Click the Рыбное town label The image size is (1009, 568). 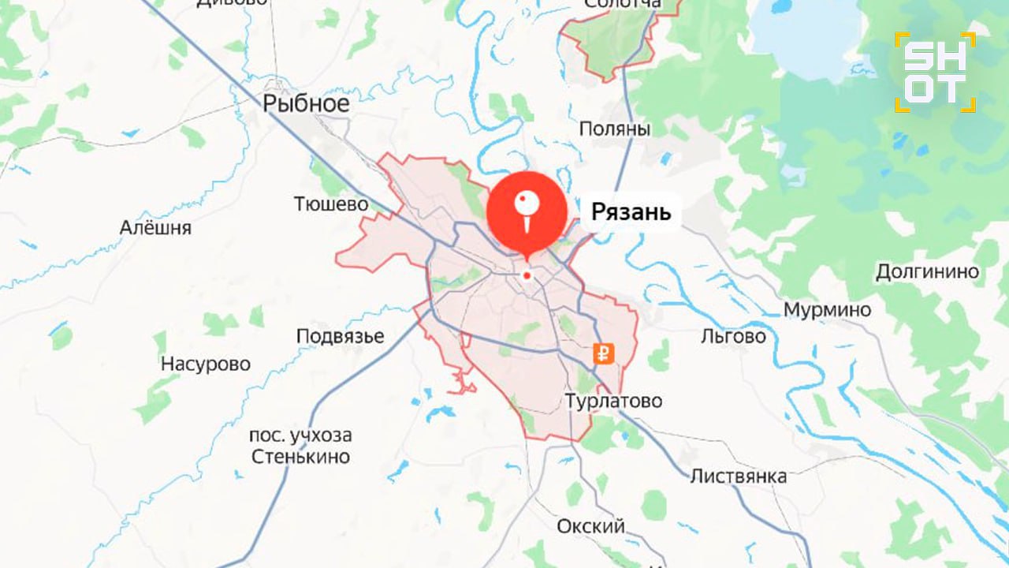[306, 103]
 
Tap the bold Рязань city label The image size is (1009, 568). [631, 211]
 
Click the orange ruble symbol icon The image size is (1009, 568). [605, 354]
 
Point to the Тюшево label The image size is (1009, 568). [331, 204]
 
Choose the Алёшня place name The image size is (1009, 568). [156, 228]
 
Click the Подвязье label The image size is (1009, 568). [341, 336]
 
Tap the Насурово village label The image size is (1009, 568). [206, 364]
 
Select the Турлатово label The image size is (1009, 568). [614, 401]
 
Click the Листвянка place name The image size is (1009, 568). [739, 476]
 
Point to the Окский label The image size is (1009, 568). [590, 526]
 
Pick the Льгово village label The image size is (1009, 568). [733, 336]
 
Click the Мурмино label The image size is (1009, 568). [827, 310]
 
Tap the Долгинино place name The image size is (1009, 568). [928, 272]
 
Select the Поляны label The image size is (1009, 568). [615, 129]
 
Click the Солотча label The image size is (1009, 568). [623, 5]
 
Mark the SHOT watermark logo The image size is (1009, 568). [936, 73]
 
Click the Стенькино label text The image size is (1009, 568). [300, 456]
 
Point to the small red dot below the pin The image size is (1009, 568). [527, 275]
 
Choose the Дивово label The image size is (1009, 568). [232, 3]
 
